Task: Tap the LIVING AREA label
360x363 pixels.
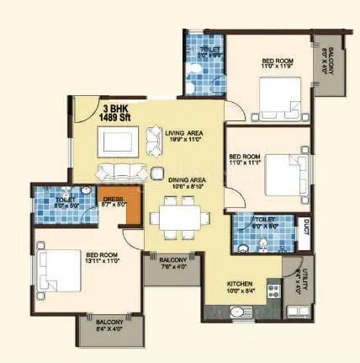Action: click(187, 135)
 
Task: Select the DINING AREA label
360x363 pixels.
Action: click(182, 182)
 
